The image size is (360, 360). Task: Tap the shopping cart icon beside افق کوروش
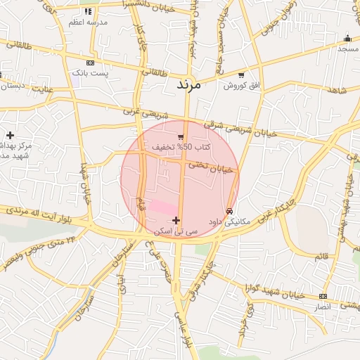tap(242, 75)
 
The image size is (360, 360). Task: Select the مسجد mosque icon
tap(347, 39)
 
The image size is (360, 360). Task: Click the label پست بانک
tap(91, 73)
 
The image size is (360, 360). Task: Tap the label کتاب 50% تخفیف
tap(172, 147)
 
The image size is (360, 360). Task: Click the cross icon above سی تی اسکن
tap(176, 221)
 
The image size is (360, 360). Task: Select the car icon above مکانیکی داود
tap(230, 212)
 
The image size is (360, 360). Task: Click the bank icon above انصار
tap(323, 296)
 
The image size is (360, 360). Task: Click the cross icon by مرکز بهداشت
tap(10, 134)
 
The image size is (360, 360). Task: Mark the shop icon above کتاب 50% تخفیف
tap(181, 136)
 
